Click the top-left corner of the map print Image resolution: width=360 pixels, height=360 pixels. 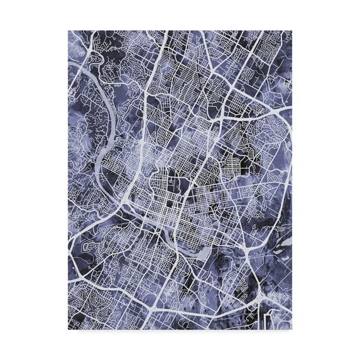pos(68,30)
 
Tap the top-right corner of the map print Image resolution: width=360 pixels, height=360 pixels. pos(292,30)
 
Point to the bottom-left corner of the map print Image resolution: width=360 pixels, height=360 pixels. pos(68,329)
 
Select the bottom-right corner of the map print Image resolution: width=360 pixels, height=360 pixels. pos(292,329)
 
